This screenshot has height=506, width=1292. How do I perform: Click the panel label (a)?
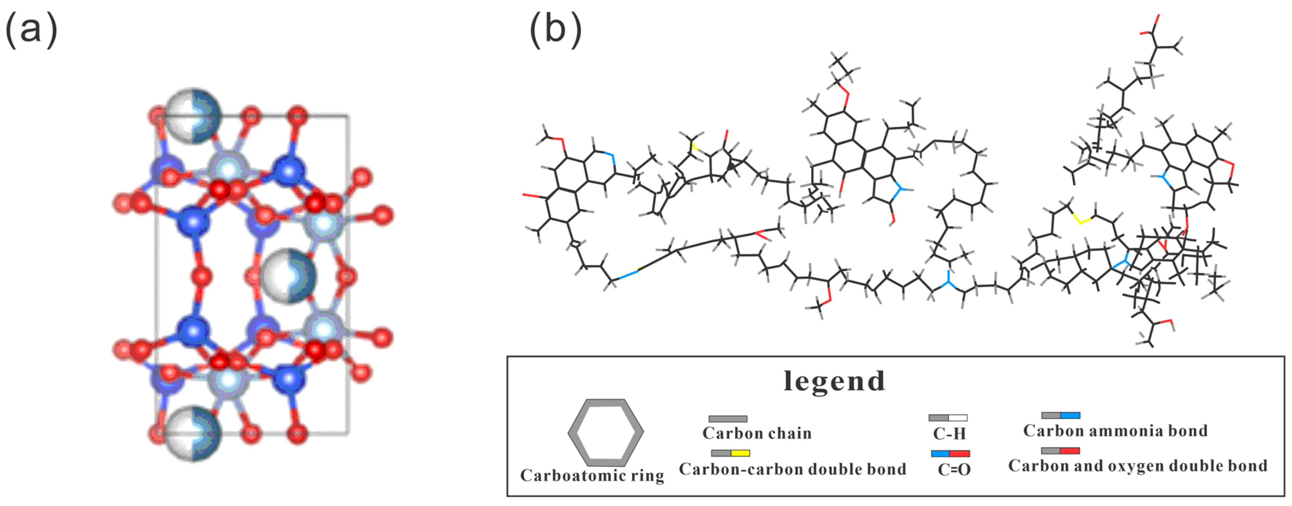click(31, 30)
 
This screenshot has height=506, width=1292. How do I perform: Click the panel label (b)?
click(556, 30)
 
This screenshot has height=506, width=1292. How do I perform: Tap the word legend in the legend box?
click(834, 382)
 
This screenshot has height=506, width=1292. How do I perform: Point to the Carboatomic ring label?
click(592, 475)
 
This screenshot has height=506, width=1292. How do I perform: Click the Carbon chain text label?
click(757, 433)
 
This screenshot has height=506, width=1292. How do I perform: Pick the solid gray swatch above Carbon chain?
click(728, 419)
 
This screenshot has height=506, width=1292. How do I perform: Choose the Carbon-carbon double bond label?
click(792, 469)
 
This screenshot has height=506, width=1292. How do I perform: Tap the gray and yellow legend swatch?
click(730, 453)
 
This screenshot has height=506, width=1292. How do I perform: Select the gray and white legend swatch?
click(948, 418)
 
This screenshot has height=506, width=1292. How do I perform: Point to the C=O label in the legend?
click(954, 469)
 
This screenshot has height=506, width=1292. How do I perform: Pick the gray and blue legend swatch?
click(1061, 416)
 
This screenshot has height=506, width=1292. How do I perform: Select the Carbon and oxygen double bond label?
click(1138, 466)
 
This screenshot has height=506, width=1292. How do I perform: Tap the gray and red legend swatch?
click(1060, 451)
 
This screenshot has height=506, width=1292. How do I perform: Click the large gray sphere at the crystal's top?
click(193, 116)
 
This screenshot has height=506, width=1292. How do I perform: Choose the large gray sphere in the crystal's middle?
click(288, 276)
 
